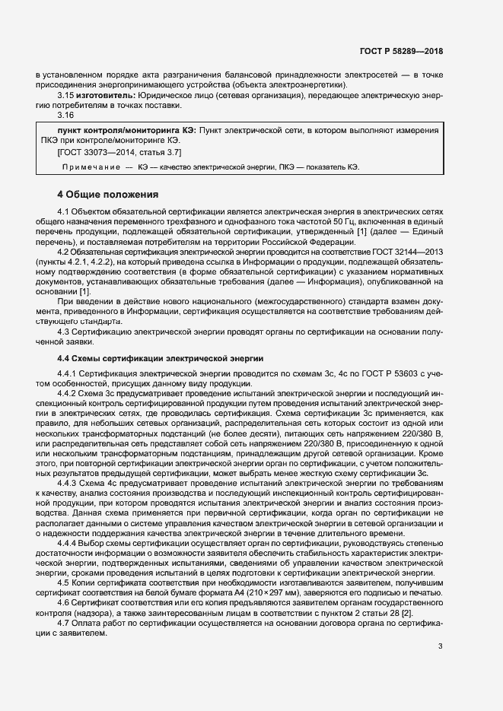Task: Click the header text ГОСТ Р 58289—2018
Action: [401, 51]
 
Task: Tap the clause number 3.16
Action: [65, 115]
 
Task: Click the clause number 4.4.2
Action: [68, 372]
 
